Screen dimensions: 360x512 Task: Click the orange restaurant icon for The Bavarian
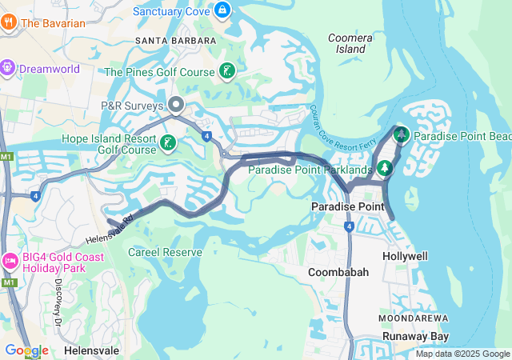[10, 23]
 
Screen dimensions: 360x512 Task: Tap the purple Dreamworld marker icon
[9, 69]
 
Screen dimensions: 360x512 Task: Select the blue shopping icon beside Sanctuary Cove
[222, 11]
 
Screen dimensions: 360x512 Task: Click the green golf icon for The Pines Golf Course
[227, 72]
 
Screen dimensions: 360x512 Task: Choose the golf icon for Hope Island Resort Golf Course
[168, 143]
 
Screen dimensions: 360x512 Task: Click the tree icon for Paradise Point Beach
[402, 135]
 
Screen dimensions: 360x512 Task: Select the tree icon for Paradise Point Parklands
[386, 169]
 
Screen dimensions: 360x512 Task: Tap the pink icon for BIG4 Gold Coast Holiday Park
[10, 260]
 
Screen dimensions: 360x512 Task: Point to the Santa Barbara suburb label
[176, 40]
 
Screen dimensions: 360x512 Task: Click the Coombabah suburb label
[338, 272]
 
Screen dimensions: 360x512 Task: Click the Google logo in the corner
[26, 350]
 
